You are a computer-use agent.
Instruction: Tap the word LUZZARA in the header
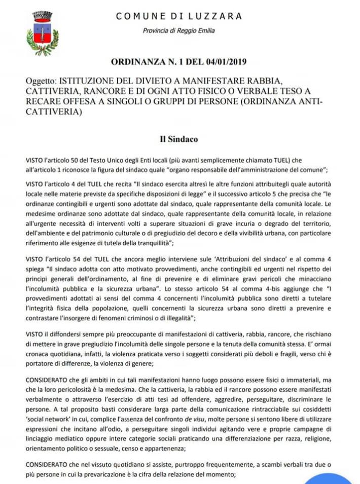(219, 16)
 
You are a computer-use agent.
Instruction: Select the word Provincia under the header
(158, 30)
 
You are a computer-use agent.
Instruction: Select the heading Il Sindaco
(179, 138)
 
